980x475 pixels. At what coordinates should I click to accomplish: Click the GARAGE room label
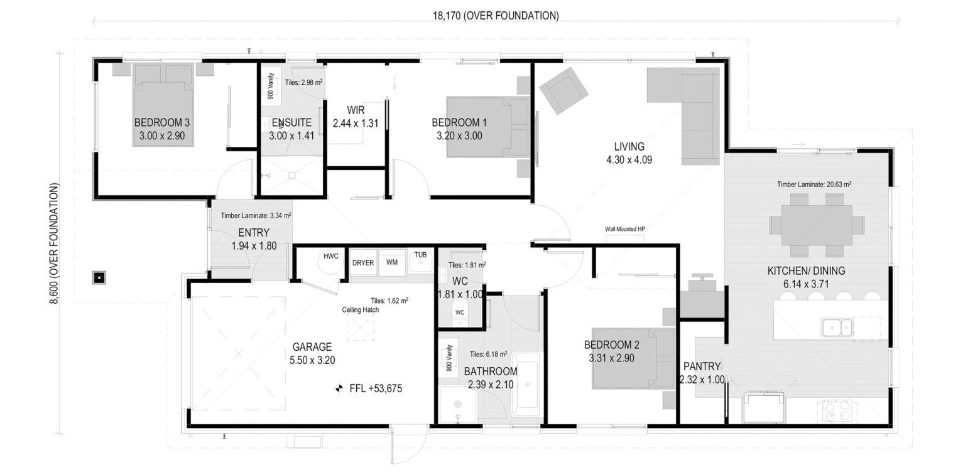click(312, 347)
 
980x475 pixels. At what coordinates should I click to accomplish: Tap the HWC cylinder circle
click(330, 262)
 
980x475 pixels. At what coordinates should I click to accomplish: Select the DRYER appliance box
click(363, 263)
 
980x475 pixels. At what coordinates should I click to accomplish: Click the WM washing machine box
click(392, 262)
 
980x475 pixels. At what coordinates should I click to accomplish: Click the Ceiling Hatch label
click(361, 310)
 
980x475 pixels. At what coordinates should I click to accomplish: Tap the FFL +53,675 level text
click(376, 388)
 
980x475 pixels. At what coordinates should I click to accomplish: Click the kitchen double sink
click(837, 328)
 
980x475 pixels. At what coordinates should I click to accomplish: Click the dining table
click(817, 225)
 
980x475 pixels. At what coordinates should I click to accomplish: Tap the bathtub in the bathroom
click(526, 385)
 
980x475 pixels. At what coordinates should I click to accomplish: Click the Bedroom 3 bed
click(163, 105)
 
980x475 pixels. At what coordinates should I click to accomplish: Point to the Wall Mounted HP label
click(624, 229)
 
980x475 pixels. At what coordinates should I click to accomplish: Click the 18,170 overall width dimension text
click(496, 16)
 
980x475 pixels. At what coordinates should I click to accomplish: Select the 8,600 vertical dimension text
click(54, 243)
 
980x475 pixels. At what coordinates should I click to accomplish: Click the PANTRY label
click(702, 366)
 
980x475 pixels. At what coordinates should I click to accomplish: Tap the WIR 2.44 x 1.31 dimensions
click(356, 124)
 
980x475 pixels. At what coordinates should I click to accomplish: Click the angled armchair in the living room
click(563, 91)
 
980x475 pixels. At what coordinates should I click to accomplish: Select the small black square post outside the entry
click(99, 277)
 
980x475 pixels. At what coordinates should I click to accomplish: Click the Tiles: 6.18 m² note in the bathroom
click(488, 355)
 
